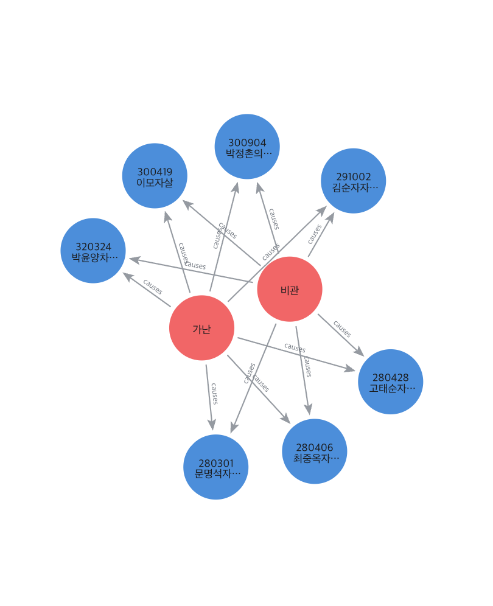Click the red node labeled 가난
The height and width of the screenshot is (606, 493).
point(201,328)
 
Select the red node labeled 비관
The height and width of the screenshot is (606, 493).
point(290,289)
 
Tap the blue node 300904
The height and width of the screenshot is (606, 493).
point(247,147)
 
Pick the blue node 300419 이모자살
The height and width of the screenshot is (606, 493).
point(155,176)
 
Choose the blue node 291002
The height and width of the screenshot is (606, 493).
point(354,181)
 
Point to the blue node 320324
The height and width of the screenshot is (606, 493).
point(93,251)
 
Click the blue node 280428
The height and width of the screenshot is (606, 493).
point(391,381)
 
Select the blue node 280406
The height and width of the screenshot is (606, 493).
point(315,451)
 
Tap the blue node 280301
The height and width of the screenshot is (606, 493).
point(216,467)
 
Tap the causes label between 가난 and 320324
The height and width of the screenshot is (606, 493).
point(152,287)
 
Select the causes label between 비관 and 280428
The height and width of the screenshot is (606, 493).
point(343,329)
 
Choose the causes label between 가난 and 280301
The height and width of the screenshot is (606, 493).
point(214,393)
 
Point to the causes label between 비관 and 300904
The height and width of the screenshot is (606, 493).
point(274,218)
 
